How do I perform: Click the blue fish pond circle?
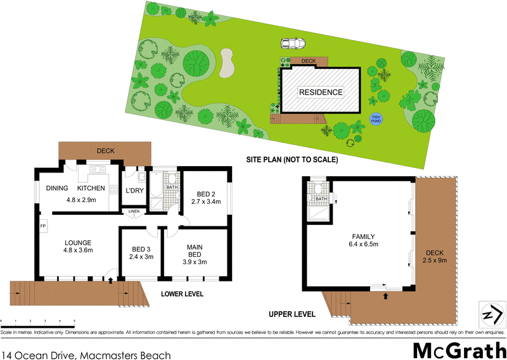coord(376,118)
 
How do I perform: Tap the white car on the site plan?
coord(293,44)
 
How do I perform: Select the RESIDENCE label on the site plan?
coord(321,93)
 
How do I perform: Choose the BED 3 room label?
coord(141,250)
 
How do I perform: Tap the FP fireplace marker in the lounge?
coord(43,226)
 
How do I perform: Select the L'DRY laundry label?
coord(134,191)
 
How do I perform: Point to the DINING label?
coord(58,188)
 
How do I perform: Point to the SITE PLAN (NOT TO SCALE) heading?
coord(292,160)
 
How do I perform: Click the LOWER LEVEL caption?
coord(181,295)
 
